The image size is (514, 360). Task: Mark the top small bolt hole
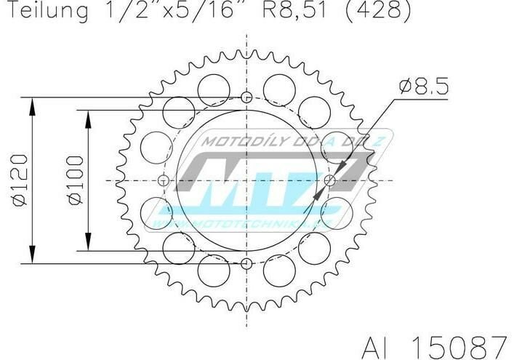(x=246, y=97)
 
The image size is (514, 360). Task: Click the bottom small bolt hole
(x=246, y=263)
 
